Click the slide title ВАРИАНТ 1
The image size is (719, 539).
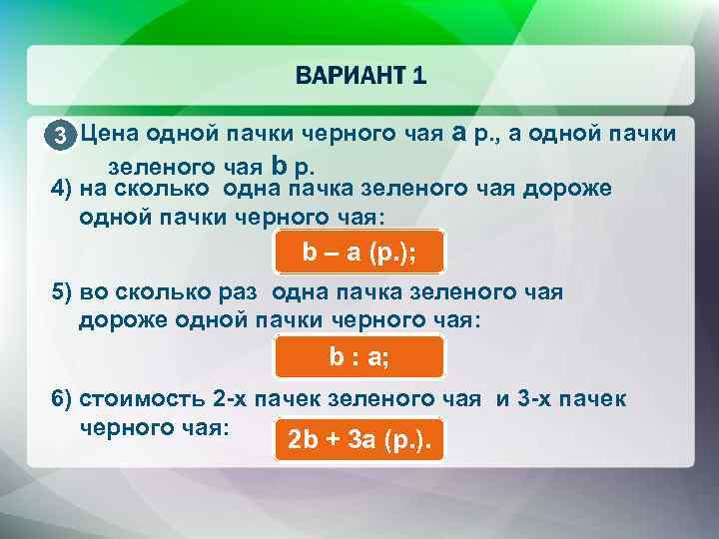359,75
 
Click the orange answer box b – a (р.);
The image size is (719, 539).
359,254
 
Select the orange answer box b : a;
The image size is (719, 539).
359,356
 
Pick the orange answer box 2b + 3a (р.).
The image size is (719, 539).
359,439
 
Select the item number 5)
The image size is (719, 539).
63,292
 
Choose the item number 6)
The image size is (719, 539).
63,399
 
